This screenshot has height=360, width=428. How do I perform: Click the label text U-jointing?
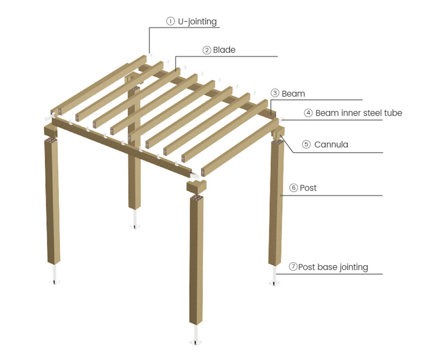(x=197, y=21)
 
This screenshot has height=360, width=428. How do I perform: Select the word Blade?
(x=224, y=50)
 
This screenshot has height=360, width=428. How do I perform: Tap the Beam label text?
(x=293, y=93)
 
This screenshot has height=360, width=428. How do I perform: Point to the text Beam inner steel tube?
(x=358, y=113)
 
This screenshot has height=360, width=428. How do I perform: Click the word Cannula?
(x=331, y=144)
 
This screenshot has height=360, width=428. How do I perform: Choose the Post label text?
(x=308, y=188)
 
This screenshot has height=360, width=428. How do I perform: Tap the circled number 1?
(x=170, y=21)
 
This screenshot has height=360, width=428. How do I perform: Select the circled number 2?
(x=207, y=50)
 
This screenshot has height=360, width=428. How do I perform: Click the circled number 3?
(x=275, y=93)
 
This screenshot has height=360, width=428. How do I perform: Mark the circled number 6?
(x=293, y=188)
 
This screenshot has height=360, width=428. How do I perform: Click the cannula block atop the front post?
(x=196, y=186)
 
